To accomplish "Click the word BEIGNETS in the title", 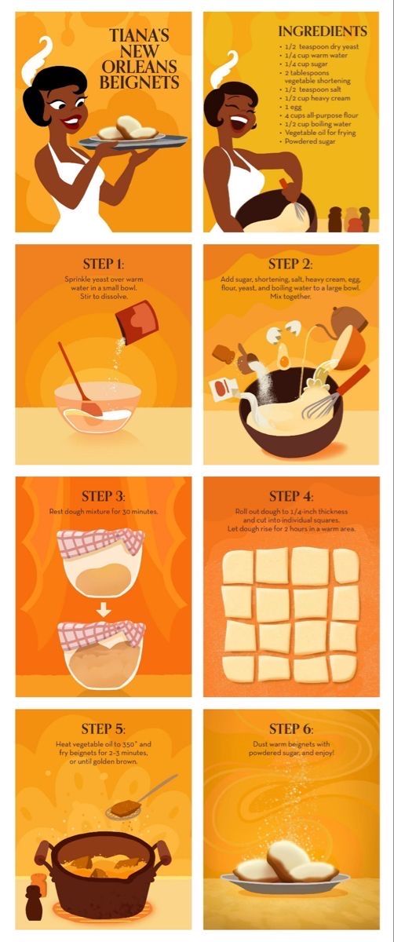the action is [139, 82].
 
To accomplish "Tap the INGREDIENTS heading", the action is [323, 31].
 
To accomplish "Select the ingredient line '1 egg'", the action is [294, 107].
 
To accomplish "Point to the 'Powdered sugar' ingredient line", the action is [310, 141].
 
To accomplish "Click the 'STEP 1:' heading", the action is [104, 264].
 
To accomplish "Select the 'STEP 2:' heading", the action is [290, 264].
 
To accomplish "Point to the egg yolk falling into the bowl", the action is [284, 360].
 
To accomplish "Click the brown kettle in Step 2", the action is [347, 320].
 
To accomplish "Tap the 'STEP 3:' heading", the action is [104, 496].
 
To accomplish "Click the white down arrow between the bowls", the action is [104, 609].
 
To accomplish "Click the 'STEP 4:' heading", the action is [291, 496].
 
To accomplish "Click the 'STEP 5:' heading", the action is [104, 728].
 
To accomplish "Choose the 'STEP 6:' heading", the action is [291, 728].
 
